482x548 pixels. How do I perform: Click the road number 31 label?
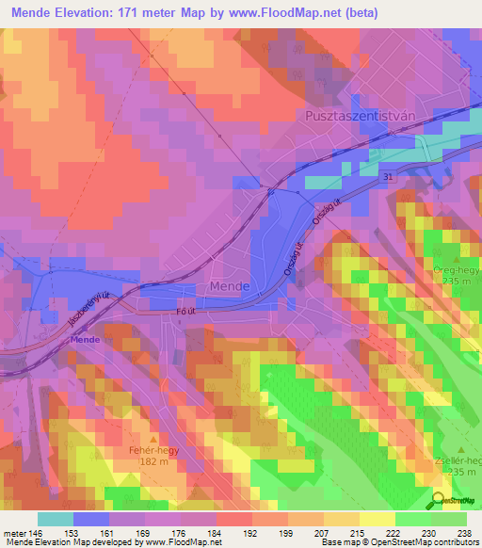pos(390,177)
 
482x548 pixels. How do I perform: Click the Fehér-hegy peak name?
pos(153,449)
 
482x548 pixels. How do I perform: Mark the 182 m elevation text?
pos(153,461)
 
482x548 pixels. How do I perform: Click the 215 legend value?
pos(355,532)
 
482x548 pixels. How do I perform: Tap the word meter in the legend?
pos(15,532)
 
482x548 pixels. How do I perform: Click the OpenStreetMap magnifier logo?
pos(439,500)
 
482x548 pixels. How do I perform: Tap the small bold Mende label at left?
pos(85,339)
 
